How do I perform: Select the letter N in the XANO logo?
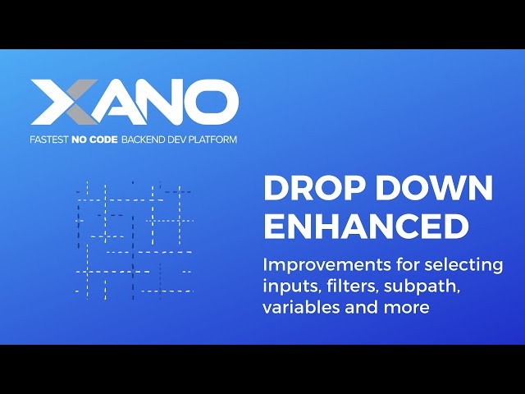coord(166,103)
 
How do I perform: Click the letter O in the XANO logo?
coord(213,103)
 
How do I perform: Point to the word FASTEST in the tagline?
coord(49,140)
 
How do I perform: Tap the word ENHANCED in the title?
coord(365,227)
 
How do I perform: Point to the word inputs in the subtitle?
coord(286,287)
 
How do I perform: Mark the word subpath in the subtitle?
coord(426,287)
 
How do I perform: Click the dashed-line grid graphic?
coord(134,239)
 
